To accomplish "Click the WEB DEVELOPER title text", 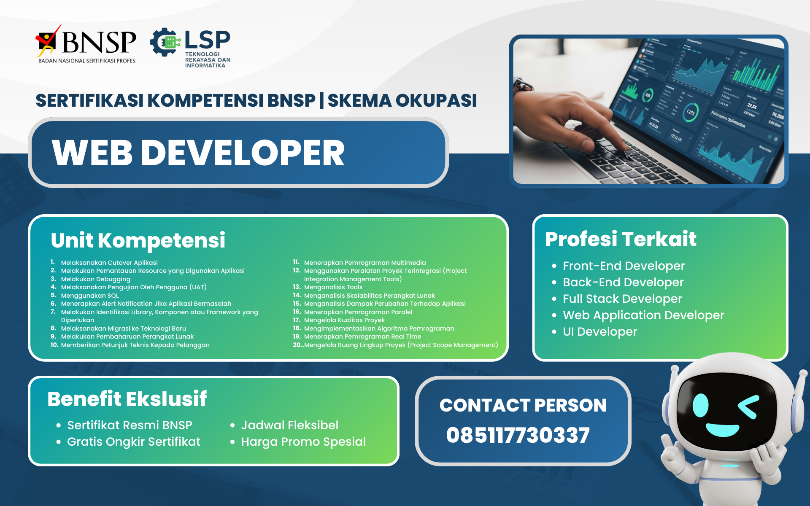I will (x=198, y=153).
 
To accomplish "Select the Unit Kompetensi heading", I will (x=138, y=240).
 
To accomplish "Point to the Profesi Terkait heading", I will (x=620, y=239).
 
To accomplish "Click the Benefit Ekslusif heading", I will (x=127, y=399).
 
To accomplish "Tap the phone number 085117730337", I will (x=518, y=435).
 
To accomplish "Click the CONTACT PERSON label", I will (x=523, y=405).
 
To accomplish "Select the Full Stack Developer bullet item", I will (x=622, y=299).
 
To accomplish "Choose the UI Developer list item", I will (x=599, y=331).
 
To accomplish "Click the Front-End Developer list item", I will (x=623, y=266).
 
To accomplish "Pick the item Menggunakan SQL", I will (x=89, y=296).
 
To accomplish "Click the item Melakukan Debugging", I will (x=95, y=279).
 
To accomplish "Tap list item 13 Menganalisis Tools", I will (x=333, y=287).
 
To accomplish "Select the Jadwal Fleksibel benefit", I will (x=289, y=425).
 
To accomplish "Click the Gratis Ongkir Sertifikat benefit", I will (x=133, y=441).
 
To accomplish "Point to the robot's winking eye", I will (x=749, y=406).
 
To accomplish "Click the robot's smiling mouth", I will (x=722, y=430).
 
